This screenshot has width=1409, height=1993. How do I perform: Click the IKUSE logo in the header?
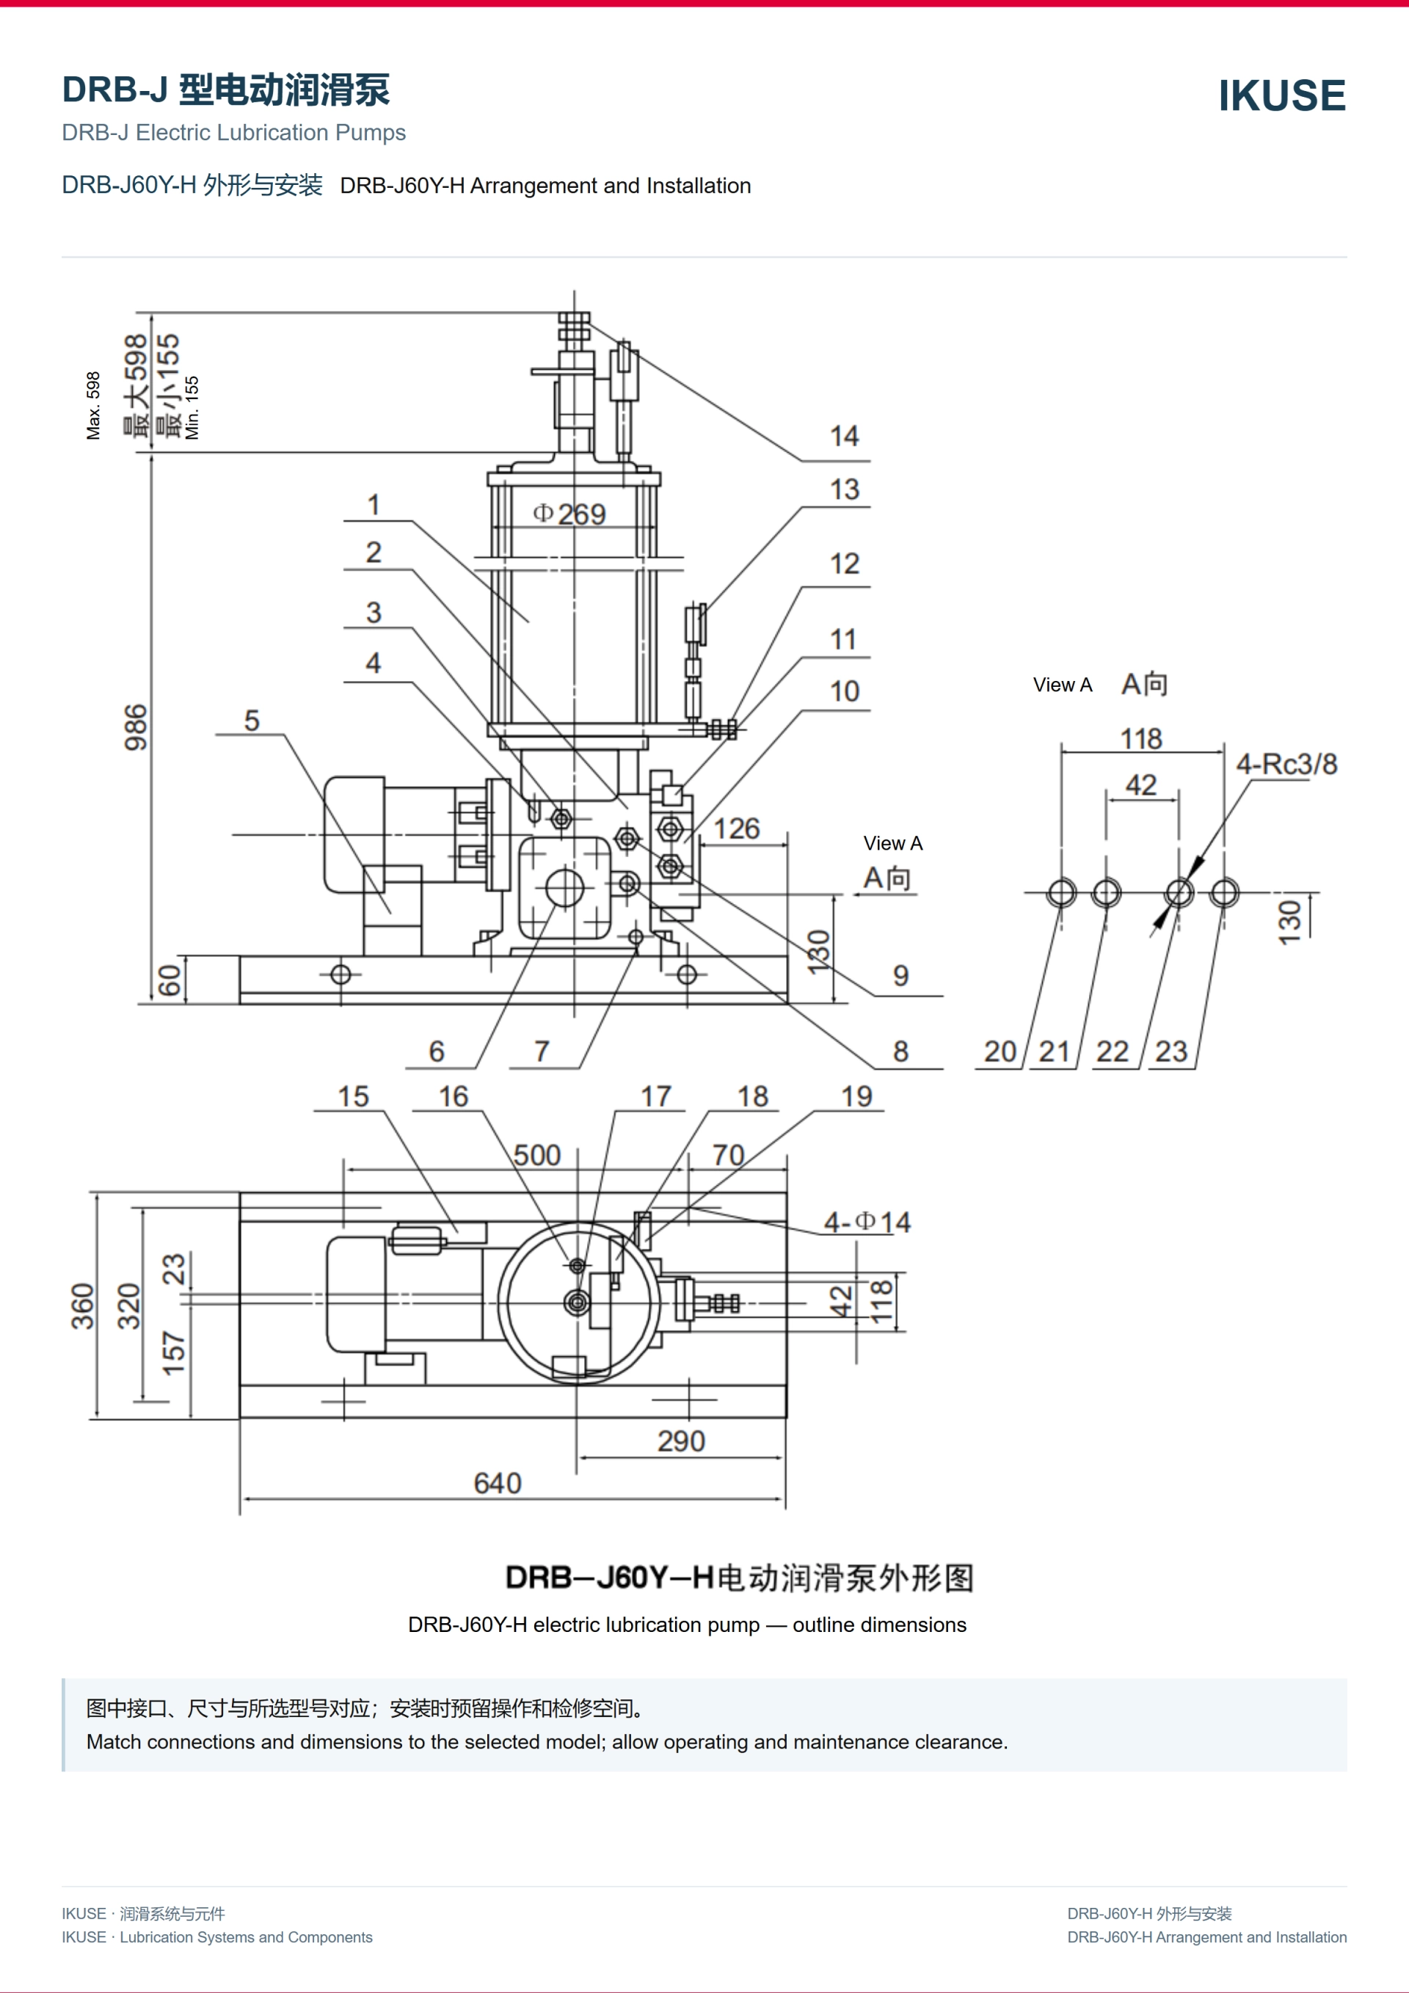click(x=1281, y=95)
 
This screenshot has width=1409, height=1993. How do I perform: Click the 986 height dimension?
click(x=136, y=727)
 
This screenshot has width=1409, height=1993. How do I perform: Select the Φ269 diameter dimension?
click(x=569, y=514)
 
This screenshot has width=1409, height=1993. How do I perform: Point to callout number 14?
click(x=844, y=436)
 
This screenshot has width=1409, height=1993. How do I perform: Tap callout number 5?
click(x=252, y=721)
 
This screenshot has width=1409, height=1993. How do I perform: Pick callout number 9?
click(x=901, y=976)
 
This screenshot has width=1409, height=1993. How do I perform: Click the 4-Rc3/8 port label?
click(x=1286, y=764)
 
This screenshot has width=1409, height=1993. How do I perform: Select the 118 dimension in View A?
click(x=1140, y=739)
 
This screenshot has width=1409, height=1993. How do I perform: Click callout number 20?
click(x=1000, y=1052)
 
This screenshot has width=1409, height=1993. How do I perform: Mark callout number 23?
click(x=1171, y=1052)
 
